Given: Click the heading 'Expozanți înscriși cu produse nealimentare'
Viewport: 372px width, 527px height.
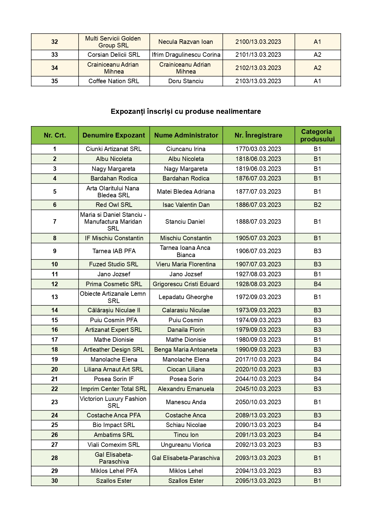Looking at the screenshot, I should (x=186, y=111).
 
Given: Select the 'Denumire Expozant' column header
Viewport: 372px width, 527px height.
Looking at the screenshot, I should (x=114, y=135).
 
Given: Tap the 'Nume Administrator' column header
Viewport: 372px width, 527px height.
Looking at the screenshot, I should (x=186, y=135).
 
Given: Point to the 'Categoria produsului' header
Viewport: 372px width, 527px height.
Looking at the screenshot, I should (x=317, y=135).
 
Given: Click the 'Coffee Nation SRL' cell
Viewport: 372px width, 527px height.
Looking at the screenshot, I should (x=114, y=81).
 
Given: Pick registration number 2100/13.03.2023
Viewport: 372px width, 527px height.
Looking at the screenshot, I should (x=258, y=42).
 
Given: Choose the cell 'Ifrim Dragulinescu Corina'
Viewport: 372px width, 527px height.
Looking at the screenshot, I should (x=186, y=55).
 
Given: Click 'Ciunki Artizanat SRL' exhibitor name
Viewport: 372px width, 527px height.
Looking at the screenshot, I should (x=114, y=149).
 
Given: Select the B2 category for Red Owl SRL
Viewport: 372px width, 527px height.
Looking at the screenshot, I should (x=317, y=205).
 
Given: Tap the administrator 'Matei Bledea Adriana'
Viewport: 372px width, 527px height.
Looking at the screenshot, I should (x=186, y=192).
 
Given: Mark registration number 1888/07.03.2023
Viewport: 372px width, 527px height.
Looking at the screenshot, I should (x=258, y=222).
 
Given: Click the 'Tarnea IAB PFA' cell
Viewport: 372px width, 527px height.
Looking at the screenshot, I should (x=114, y=251).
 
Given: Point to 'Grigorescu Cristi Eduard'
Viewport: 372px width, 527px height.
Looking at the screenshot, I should (x=186, y=284).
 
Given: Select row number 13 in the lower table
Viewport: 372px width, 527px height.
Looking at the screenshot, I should (x=55, y=297).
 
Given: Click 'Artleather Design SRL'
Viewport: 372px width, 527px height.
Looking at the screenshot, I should (x=114, y=350).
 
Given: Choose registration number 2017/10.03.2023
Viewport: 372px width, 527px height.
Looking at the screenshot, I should (x=258, y=359).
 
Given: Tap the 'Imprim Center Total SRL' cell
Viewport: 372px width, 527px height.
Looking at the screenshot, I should (x=114, y=389).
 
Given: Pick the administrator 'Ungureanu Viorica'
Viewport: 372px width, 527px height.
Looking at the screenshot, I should (x=186, y=445).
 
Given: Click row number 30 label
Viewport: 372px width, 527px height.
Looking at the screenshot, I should (x=55, y=481).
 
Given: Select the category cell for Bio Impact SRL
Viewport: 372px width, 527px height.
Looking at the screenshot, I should (x=317, y=425).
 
